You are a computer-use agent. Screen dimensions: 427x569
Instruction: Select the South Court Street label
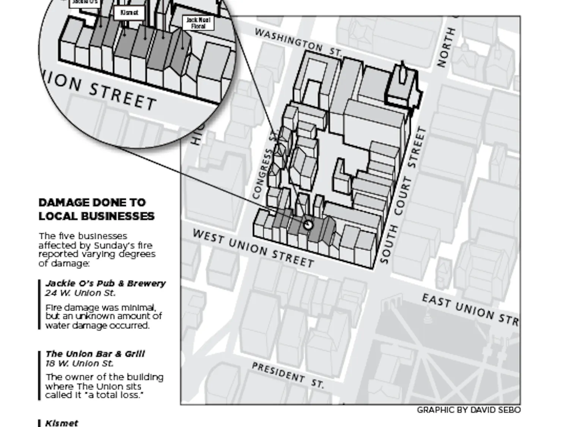403,195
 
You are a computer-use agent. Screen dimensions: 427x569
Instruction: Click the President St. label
288,375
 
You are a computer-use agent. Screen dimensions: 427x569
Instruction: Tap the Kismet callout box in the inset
129,13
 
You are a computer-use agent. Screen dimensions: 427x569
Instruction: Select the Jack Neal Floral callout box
198,23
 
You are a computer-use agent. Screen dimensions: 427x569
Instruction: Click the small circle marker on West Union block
308,225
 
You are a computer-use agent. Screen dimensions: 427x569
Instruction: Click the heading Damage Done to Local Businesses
96,209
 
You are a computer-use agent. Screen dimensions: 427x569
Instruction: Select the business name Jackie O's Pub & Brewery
105,284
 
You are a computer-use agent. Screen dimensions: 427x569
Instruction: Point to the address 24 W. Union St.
80,293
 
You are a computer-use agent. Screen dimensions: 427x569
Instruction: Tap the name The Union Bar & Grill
95,354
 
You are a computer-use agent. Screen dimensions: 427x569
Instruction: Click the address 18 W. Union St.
79,363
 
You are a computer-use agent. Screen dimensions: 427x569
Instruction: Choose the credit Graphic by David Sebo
468,410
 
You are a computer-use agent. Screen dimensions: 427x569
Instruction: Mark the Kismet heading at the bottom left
62,423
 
